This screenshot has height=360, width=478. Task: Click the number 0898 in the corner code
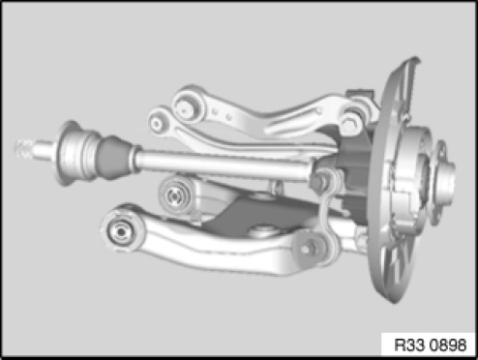pos(448,345)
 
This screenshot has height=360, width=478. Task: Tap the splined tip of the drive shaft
pos(23,150)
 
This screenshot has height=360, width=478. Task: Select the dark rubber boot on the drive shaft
pos(115,158)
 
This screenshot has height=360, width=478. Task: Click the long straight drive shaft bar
pos(223,165)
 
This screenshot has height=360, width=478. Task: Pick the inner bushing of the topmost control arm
pos(185,105)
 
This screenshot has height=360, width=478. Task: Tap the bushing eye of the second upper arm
pos(159,123)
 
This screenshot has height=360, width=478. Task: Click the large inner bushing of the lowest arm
pos(121,231)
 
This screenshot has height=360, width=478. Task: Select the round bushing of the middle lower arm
pos(174,195)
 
